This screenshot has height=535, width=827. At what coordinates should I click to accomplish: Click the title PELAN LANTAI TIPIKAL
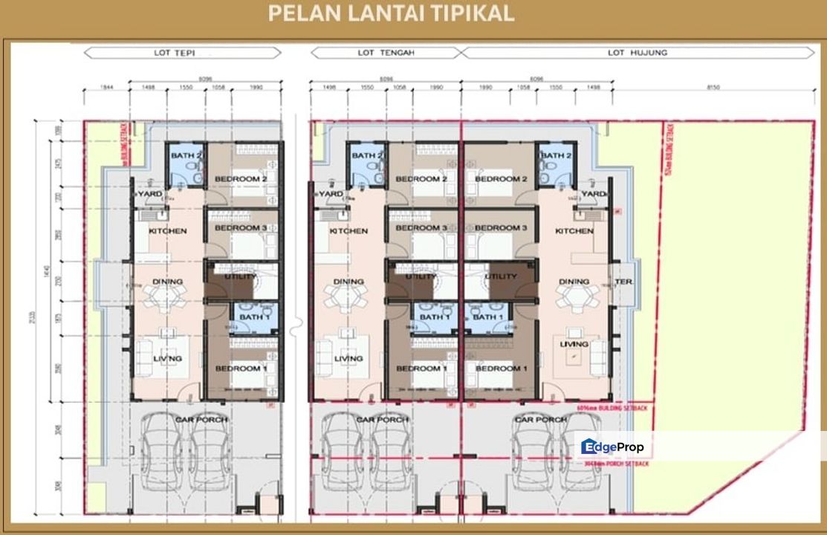pos(391,14)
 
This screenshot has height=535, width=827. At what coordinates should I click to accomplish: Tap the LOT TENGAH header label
pos(385,53)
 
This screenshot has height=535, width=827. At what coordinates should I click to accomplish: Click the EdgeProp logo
pos(612,447)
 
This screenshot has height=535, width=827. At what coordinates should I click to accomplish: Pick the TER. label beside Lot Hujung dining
pos(623,282)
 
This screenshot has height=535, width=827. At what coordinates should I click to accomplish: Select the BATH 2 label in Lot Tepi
pos(187,155)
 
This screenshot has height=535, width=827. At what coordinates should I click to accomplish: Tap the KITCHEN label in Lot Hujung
pos(574,231)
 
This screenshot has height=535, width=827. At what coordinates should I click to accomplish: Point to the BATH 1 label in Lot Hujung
pos(487,317)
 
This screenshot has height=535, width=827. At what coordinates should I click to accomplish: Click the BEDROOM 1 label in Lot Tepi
pos(241,369)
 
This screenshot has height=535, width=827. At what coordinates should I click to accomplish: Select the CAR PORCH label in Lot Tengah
pos(382,420)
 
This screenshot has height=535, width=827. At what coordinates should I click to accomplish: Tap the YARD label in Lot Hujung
pos(593,194)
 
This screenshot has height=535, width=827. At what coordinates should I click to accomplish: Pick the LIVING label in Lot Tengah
pos(348,359)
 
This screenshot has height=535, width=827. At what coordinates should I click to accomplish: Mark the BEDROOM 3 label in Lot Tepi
pos(241,227)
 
